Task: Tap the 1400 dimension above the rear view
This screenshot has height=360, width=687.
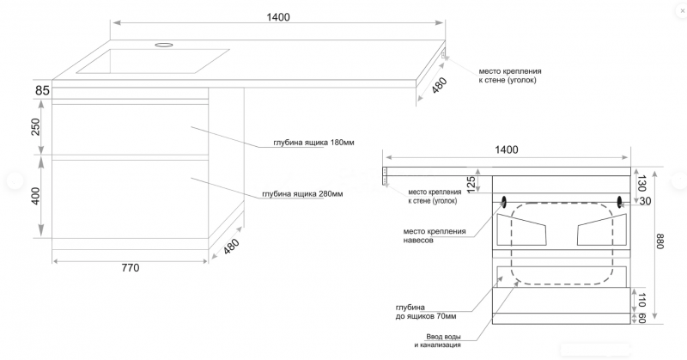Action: tap(507, 149)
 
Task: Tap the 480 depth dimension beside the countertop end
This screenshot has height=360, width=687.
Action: tap(440, 86)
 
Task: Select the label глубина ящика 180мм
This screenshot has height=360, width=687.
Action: tap(308, 143)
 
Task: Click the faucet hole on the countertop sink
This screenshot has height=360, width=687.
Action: tap(163, 42)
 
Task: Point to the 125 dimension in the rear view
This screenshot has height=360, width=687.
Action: tap(471, 183)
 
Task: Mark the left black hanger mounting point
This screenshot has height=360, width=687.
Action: tap(503, 202)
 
